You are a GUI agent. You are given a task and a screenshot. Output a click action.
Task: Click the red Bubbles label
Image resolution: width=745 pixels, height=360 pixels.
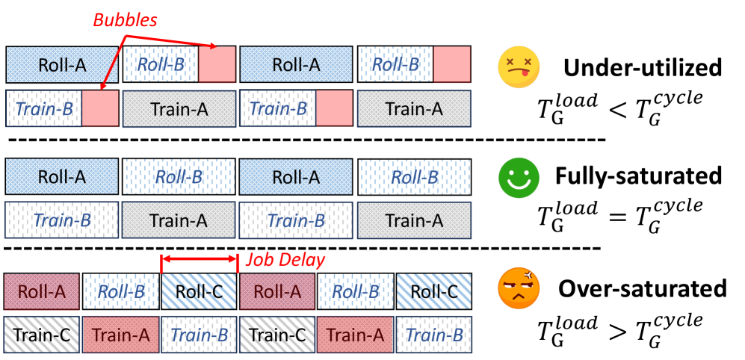125,20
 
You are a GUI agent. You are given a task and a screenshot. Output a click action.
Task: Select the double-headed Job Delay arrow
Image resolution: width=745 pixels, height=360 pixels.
199,260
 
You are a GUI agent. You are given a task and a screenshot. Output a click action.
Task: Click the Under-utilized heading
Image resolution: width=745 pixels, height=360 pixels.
643,68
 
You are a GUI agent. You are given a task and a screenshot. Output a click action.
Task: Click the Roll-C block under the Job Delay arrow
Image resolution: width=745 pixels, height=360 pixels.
199,291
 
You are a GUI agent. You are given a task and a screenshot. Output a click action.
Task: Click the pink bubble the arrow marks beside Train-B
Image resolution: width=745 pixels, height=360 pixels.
100,108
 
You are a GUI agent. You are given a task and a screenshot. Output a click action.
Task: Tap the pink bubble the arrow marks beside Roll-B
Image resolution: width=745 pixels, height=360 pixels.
217,64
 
